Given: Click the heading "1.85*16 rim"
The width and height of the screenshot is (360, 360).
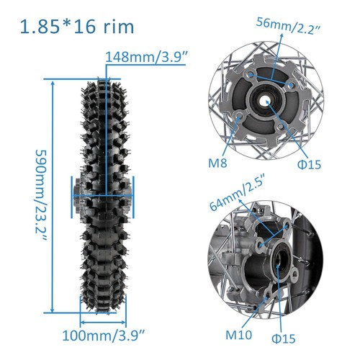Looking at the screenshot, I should click(x=77, y=27).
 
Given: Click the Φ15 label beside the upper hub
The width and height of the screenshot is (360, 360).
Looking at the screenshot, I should click(x=307, y=166).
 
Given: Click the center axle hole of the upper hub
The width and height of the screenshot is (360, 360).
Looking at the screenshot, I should click(x=269, y=103).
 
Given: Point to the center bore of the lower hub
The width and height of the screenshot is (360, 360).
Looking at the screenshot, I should click(x=278, y=263).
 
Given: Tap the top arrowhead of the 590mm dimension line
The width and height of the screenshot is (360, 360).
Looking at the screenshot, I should click(x=53, y=82).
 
